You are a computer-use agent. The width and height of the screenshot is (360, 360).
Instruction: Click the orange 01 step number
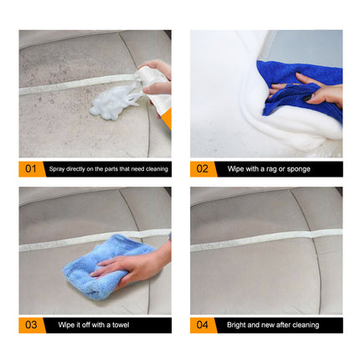coord(30,168)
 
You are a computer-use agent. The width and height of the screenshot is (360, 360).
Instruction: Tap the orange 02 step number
coord(202,168)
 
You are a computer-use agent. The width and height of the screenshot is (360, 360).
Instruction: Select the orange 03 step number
coord(30,324)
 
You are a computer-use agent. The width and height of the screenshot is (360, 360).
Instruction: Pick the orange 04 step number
coord(202,324)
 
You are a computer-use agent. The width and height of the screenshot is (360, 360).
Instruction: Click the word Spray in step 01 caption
coord(56,169)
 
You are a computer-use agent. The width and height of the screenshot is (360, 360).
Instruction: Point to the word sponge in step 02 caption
coord(299,169)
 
